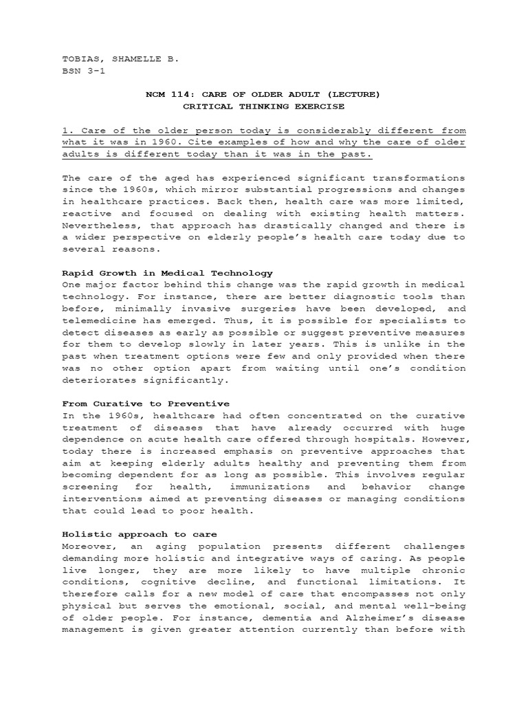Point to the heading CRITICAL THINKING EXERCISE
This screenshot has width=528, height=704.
coord(263,107)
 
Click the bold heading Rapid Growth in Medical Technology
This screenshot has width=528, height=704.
coord(167,273)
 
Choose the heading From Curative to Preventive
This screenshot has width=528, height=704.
coord(146,404)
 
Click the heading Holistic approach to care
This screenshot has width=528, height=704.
coord(140,533)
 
